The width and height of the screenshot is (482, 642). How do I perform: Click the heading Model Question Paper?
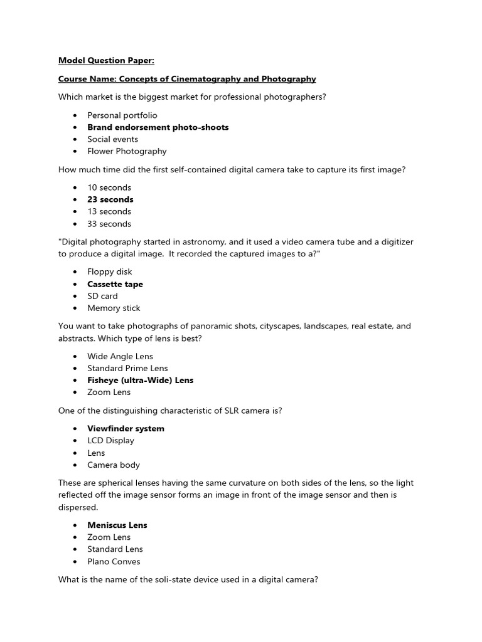point(106,61)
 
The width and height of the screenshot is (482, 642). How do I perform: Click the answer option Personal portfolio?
point(122,115)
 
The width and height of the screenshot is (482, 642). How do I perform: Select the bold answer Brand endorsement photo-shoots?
point(158,127)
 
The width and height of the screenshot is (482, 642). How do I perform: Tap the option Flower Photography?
point(127,151)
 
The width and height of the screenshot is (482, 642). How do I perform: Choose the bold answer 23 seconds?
point(110,199)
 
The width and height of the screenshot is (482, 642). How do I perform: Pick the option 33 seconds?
point(109,224)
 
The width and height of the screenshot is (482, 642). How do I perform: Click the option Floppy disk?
point(110,272)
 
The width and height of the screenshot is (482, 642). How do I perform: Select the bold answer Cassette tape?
point(115,284)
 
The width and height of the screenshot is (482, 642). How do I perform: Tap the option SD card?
point(102,296)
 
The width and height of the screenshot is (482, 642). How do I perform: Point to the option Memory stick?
point(114,308)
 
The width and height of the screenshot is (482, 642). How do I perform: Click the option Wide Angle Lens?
point(120,356)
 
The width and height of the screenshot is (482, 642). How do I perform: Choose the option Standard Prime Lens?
point(127,368)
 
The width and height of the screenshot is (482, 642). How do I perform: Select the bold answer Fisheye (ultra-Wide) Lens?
point(140,380)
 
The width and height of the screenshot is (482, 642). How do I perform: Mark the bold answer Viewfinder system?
point(126,428)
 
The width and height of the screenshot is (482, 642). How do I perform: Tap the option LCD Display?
point(110,440)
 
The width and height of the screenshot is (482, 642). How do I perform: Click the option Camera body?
point(114,465)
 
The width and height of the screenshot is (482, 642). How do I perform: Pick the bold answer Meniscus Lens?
point(117,525)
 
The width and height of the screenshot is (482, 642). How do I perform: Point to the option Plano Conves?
point(114,561)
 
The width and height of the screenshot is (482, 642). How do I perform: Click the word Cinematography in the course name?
point(204,79)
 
